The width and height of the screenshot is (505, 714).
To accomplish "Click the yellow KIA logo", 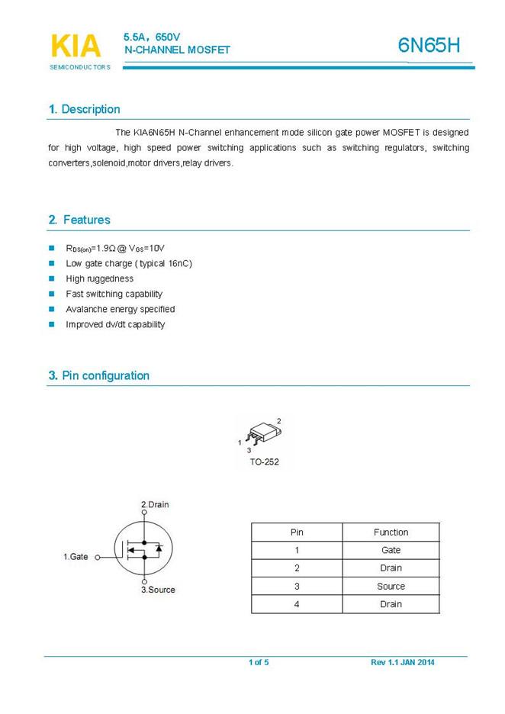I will pos(75,46).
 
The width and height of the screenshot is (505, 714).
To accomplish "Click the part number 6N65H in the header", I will pos(429,46).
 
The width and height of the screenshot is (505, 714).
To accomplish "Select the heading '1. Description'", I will pos(84,109).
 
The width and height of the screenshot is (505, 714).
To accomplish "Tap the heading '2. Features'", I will pos(79,220).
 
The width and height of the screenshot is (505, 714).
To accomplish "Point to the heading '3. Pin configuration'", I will pos(98,375).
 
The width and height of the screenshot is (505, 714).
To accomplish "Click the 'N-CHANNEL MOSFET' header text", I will pos(177,50).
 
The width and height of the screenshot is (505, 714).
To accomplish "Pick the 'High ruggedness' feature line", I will pos(99,278).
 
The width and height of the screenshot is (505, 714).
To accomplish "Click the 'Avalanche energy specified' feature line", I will pos(120,309).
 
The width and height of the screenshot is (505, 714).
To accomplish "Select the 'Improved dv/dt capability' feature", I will pos(115,324).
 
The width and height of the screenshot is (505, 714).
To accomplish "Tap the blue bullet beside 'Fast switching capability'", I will pos(52,294).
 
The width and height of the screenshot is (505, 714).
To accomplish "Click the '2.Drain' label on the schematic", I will pos(156,504).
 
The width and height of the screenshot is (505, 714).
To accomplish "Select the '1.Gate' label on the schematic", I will pos(76,557).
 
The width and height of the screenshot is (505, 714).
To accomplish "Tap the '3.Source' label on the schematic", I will pos(157,590).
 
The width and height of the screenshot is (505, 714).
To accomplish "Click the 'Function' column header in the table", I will pos(391,532).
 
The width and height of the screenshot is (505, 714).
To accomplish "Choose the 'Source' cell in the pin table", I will pos(391,586).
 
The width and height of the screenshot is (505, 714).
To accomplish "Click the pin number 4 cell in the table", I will pos(297,604).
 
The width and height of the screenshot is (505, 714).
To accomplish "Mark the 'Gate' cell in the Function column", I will pos(391,550).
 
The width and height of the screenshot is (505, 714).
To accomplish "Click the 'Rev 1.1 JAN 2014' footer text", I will pos(402,662).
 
